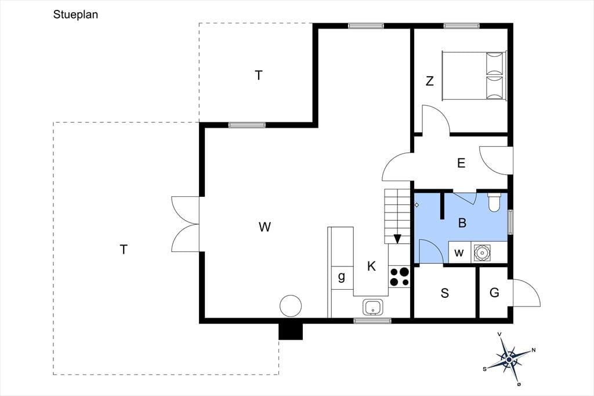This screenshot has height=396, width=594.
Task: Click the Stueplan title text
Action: pos(75,15)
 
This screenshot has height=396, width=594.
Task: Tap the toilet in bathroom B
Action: pos(494,203)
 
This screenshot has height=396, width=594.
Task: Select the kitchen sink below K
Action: pos(373,307)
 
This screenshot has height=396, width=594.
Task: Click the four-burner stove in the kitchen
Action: pos(400,276)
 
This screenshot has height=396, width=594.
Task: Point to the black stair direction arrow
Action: pos(397,239)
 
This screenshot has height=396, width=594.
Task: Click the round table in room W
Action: pos(291,306)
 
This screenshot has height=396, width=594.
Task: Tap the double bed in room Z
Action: pos(475,76)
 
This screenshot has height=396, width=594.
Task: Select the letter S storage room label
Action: pos(445,293)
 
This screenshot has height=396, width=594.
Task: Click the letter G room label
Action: pos(494,293)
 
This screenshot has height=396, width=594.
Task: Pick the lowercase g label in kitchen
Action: pos(341,277)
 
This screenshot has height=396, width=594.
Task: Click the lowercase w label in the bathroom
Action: pos(459,253)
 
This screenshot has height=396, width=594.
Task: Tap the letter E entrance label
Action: pos(461,163)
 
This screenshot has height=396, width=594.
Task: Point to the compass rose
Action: pos(509,359)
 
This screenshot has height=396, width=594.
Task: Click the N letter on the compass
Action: pos(534,350)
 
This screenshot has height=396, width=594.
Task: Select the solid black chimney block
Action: pos(291,331)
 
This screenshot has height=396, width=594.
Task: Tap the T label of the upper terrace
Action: pos(258,75)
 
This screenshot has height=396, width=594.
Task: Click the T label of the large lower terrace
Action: pos(124,250)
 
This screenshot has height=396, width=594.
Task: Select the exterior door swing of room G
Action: pos(527,293)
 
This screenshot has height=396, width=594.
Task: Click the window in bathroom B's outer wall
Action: pos(510,222)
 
